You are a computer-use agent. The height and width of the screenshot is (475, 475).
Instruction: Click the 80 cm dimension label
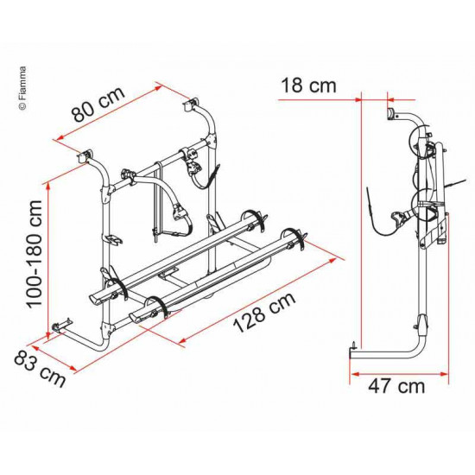pyautogui.click(x=98, y=104)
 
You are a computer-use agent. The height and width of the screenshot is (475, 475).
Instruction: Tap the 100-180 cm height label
pyautogui.click(x=35, y=254)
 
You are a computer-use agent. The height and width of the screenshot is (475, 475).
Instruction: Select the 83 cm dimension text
pyautogui.click(x=40, y=369)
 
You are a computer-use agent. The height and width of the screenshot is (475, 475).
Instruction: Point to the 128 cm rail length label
pyautogui.click(x=264, y=313)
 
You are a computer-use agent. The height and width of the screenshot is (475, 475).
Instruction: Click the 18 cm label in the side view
pyautogui.click(x=308, y=85)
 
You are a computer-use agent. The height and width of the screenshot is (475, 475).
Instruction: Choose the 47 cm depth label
pyautogui.click(x=396, y=386)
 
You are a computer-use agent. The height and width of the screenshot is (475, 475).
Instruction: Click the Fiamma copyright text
pyautogui.click(x=22, y=88)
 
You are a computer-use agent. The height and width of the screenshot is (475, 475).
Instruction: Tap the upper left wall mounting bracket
pyautogui.click(x=85, y=155)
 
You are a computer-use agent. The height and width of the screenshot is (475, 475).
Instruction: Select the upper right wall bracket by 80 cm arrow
pyautogui.click(x=190, y=104)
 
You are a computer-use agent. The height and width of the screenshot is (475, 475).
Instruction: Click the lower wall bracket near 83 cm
pyautogui.click(x=61, y=326)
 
